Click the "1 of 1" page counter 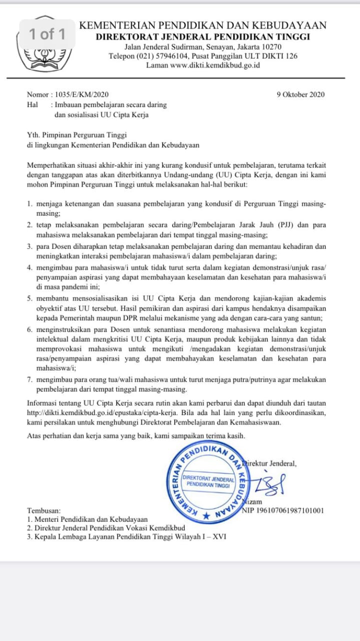click(47, 34)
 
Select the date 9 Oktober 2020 click(300, 94)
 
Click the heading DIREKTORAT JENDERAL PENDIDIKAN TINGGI click(203, 37)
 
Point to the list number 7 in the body click(30, 379)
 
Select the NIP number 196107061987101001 click(283, 511)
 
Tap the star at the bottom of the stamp click(206, 515)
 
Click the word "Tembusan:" click(44, 511)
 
